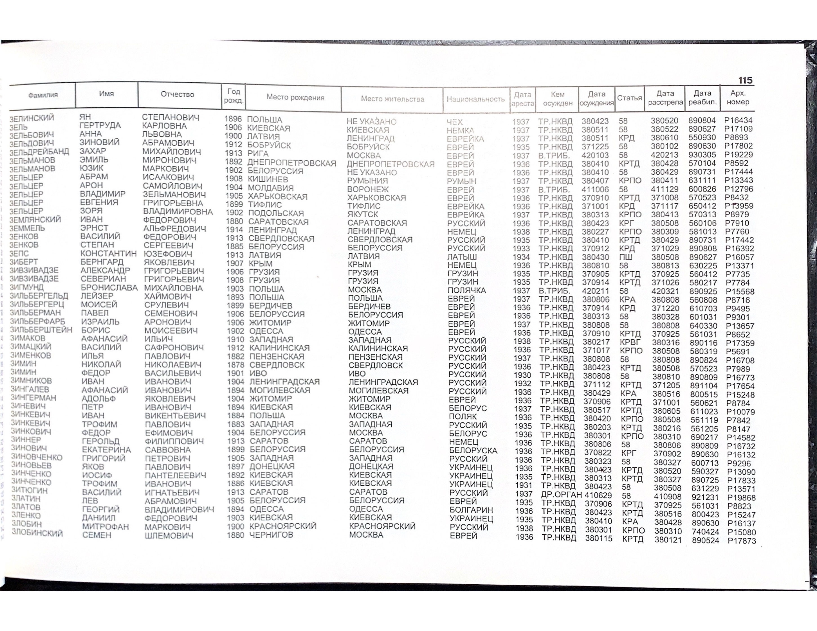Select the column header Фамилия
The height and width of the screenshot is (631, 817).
(x=43, y=95)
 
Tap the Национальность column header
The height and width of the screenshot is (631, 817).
(x=475, y=99)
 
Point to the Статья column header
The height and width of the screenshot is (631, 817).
(x=629, y=98)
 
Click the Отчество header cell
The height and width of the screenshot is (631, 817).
(x=177, y=94)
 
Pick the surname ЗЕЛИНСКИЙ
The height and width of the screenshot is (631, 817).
(x=32, y=118)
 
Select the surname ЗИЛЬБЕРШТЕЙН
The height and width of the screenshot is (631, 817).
(x=41, y=330)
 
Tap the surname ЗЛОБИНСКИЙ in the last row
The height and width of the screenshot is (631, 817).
(x=37, y=533)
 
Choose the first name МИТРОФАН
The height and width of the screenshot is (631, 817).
(x=106, y=527)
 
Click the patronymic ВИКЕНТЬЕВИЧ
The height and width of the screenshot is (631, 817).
(x=175, y=415)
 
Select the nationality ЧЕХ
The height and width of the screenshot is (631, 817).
(x=455, y=122)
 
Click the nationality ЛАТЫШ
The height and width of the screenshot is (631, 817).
(x=462, y=257)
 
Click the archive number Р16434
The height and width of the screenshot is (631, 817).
(x=738, y=120)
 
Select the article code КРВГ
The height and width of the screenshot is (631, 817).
(x=630, y=342)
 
